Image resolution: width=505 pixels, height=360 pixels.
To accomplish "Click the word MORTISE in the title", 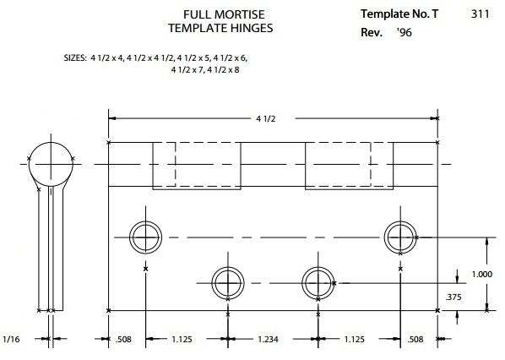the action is coord(239,14).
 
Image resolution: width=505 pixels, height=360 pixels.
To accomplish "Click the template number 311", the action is coord(481,14).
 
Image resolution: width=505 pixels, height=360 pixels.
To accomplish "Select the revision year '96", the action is coord(405,32).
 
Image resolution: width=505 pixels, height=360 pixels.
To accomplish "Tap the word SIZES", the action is coord(75,58).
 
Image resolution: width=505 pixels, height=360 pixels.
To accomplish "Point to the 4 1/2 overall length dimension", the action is coord(266,119).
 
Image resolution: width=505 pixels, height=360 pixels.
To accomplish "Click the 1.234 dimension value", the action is coord(268,340).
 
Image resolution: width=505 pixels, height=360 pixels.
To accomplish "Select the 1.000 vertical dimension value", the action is coord(482,275).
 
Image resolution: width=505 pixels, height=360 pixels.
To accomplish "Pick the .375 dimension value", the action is coord(453,297).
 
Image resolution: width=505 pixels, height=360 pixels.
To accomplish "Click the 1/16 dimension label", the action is coord(11,339).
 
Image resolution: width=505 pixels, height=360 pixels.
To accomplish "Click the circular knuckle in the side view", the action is coord(51,143).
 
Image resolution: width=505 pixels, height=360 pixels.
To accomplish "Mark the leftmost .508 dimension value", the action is coord(123,340).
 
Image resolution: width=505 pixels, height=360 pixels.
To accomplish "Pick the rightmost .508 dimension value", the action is coord(415,340).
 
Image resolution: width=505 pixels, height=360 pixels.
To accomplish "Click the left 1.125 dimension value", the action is coord(182,340).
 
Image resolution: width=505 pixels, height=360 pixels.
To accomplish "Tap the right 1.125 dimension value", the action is coord(355,340).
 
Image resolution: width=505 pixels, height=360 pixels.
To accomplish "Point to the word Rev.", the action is coord(372,32).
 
